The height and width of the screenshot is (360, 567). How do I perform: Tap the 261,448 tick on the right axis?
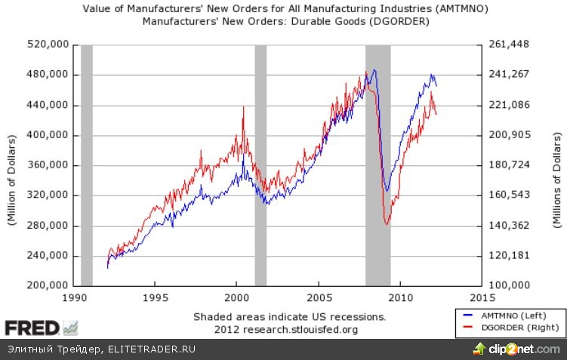point(510,45)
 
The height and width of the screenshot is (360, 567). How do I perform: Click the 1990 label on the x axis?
point(73,297)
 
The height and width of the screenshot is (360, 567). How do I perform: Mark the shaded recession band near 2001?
point(261,165)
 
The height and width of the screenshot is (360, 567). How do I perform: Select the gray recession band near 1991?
point(86,165)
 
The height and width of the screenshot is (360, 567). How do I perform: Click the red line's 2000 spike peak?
point(243,107)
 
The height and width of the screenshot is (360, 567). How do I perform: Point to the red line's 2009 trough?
point(387,224)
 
